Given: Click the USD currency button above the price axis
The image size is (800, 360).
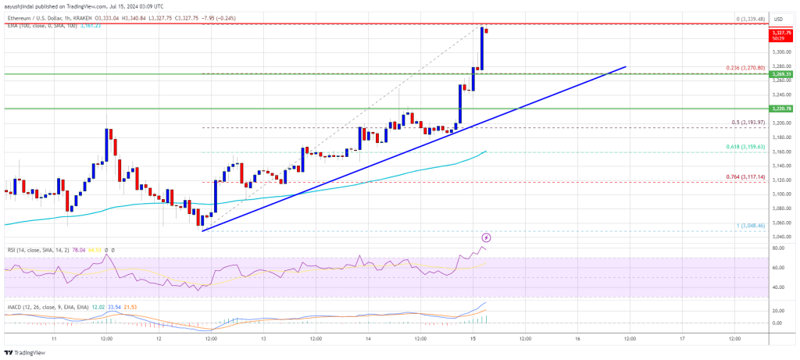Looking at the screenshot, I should point(778,18).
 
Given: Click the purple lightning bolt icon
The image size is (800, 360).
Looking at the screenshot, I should point(487,237).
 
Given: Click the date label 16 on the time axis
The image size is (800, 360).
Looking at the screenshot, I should point(577,339).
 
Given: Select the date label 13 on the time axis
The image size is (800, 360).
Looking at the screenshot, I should point(263,339).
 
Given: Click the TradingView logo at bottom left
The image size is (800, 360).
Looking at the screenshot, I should point(27,352).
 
